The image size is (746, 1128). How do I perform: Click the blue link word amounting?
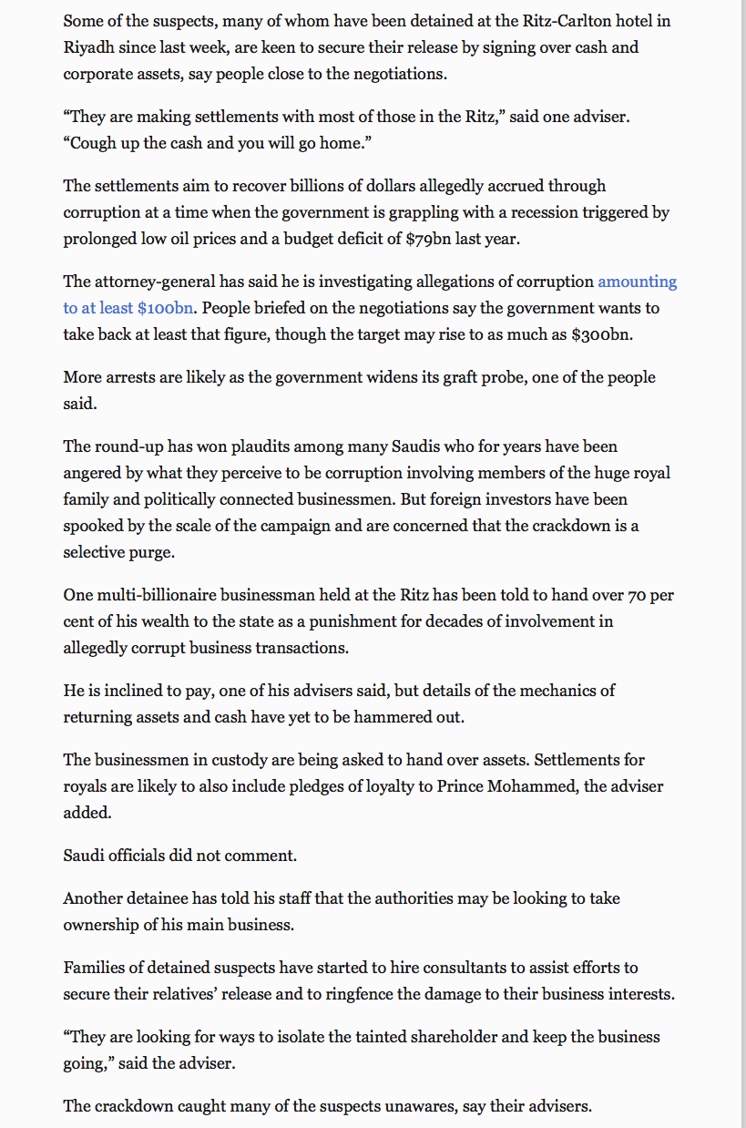(637, 282)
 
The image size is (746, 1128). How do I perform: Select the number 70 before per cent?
(636, 595)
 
